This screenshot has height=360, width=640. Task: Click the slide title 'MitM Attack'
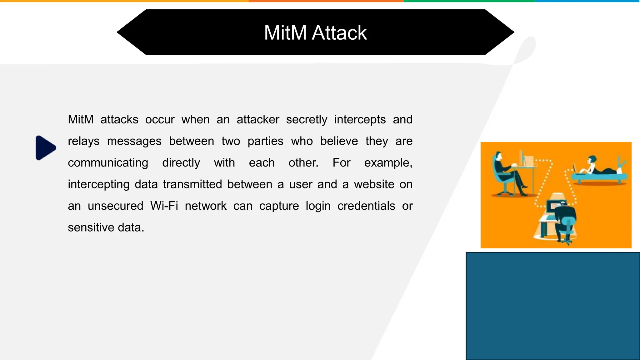pos(315,33)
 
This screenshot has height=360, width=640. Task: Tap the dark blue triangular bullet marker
pos(46,148)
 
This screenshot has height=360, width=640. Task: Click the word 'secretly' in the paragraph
pos(307,120)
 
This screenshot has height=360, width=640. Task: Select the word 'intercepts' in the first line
pos(360,120)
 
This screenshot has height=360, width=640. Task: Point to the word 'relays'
pos(83,141)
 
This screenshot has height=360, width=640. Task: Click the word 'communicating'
pos(108,163)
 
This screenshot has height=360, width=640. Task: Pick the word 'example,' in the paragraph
pos(388,163)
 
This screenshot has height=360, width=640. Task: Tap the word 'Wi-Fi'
pos(164,206)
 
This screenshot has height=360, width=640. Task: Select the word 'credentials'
pos(366,206)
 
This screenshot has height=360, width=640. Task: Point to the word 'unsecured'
pos(115,206)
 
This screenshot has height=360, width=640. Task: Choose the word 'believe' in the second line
pos(339,141)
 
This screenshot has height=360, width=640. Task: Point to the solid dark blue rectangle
pos(552,306)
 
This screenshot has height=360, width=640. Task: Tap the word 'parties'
pos(265,141)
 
